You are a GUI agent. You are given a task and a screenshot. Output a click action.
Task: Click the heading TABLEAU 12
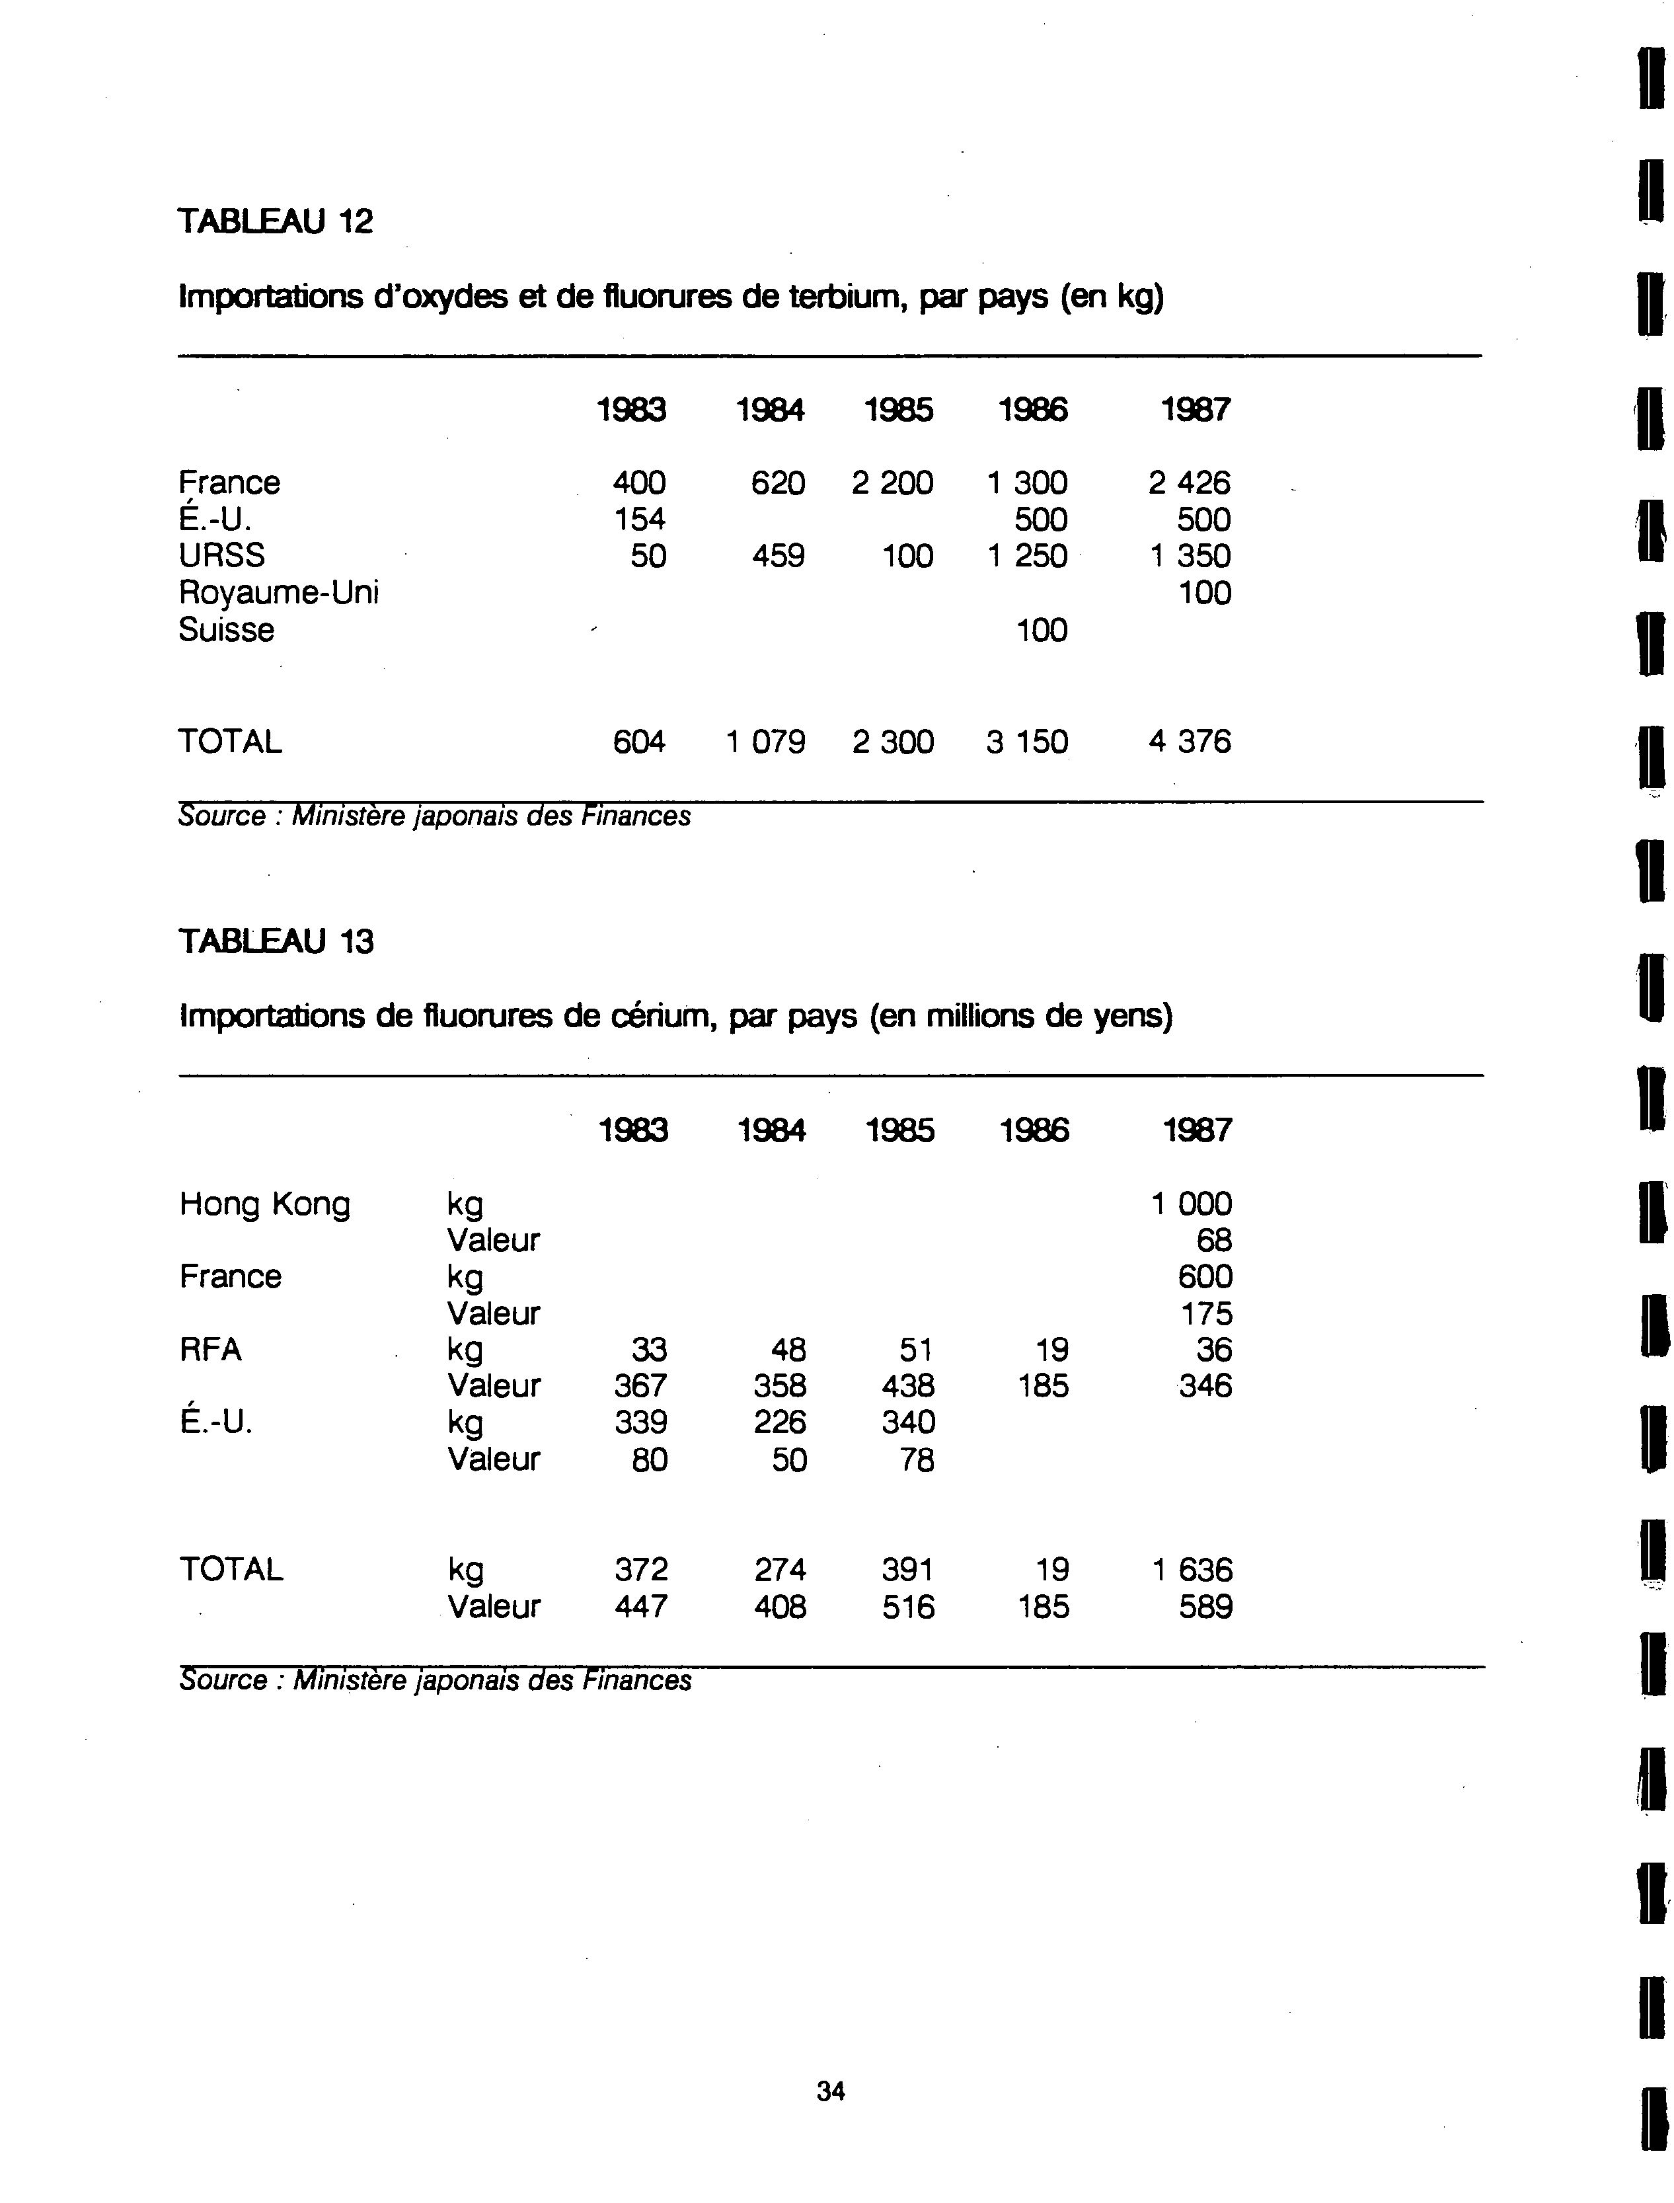coord(275,221)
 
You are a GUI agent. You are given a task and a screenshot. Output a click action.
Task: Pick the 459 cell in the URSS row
coord(779,556)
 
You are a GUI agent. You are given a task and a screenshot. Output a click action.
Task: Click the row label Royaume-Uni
coord(279,593)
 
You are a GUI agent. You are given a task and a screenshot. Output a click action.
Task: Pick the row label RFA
coord(210,1350)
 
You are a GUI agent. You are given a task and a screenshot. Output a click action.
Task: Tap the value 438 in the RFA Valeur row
coord(908,1386)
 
